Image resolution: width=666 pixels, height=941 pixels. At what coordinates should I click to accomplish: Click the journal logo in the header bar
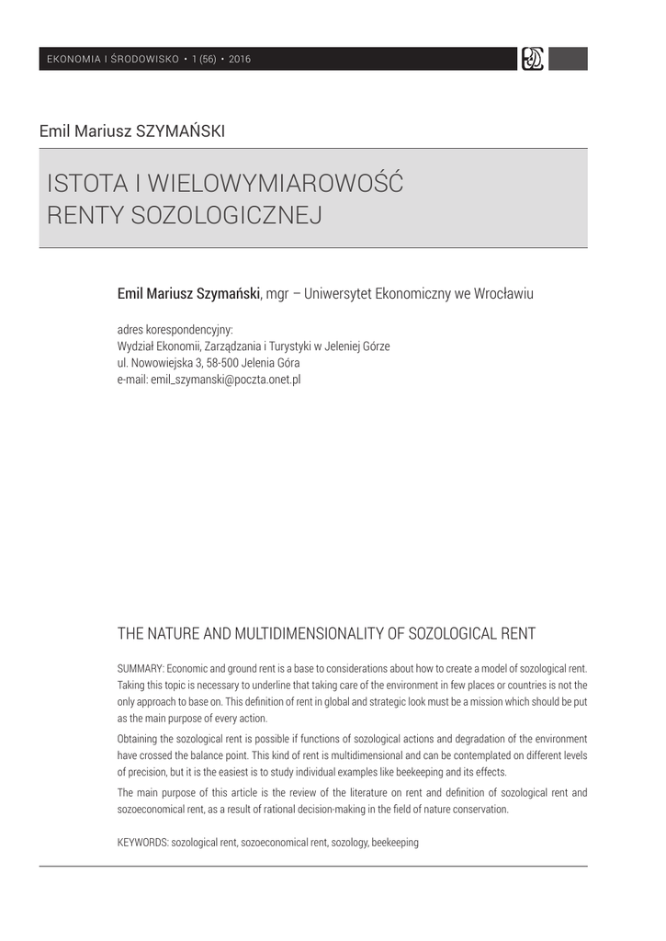click(532, 59)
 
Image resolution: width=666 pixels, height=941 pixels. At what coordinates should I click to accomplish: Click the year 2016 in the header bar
click(240, 60)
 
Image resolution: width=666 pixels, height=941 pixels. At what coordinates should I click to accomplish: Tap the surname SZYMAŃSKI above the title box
click(180, 130)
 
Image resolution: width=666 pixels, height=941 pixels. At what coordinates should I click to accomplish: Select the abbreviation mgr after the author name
click(277, 294)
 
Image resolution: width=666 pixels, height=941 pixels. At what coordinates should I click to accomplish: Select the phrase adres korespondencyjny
click(175, 329)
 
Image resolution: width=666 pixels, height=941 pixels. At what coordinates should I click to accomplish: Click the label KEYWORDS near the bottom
click(143, 842)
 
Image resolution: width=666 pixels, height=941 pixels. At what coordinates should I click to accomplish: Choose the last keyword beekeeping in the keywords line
click(395, 842)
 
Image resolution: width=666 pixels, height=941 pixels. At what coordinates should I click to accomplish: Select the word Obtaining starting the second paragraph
click(140, 739)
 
